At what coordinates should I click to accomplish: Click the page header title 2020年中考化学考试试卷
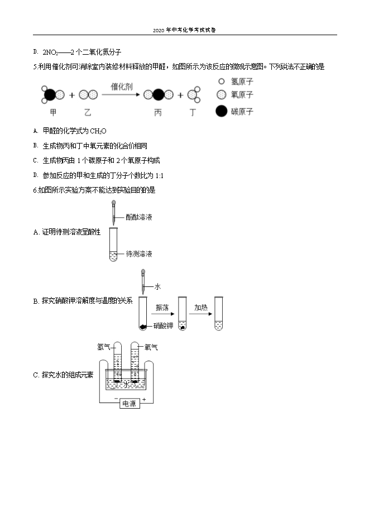[184, 30]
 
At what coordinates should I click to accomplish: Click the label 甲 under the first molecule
[54, 112]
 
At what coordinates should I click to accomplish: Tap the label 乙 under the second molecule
[88, 112]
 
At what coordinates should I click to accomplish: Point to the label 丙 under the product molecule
[158, 112]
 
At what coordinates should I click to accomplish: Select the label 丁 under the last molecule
[193, 112]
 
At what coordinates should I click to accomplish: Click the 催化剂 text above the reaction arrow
[122, 87]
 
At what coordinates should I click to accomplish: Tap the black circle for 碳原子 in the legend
[222, 111]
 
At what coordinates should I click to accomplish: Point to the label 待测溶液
[139, 254]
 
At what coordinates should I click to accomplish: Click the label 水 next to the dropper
[157, 286]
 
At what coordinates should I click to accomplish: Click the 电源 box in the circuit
[129, 404]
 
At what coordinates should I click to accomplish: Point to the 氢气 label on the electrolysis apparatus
[104, 347]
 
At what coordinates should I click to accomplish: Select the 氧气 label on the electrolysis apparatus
[151, 347]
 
